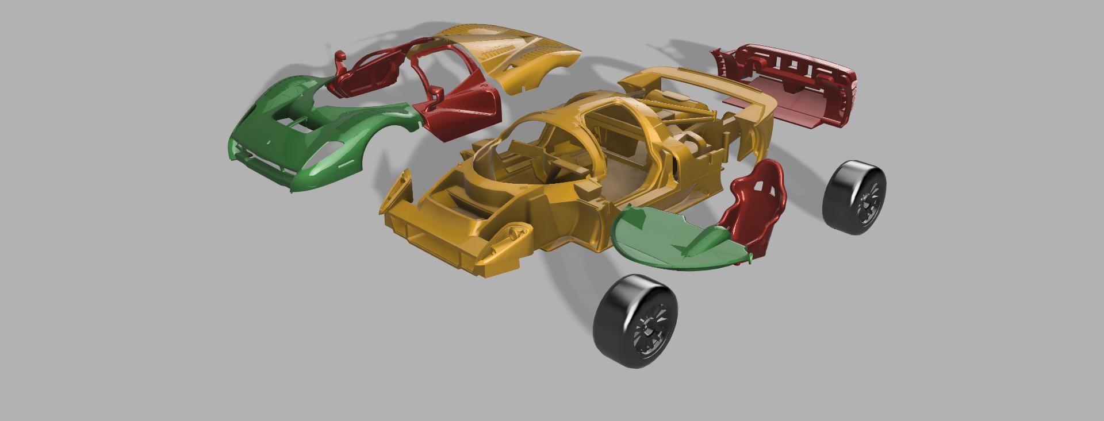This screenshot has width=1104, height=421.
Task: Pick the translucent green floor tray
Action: [661, 238]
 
